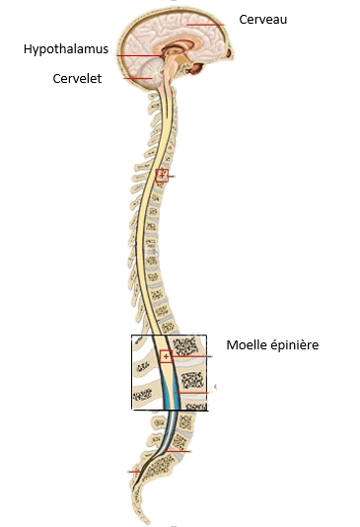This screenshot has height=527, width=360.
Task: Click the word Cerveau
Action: coord(263,19)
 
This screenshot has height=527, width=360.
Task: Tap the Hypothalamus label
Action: coord(65,47)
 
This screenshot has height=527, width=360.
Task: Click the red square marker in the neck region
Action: coord(163,176)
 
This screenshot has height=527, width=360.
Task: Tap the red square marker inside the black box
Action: coord(166,356)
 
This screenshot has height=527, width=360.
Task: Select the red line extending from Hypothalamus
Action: coord(138,55)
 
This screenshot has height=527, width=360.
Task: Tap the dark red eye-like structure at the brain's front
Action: coord(195,67)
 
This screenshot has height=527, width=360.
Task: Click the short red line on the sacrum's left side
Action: coord(134,471)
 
